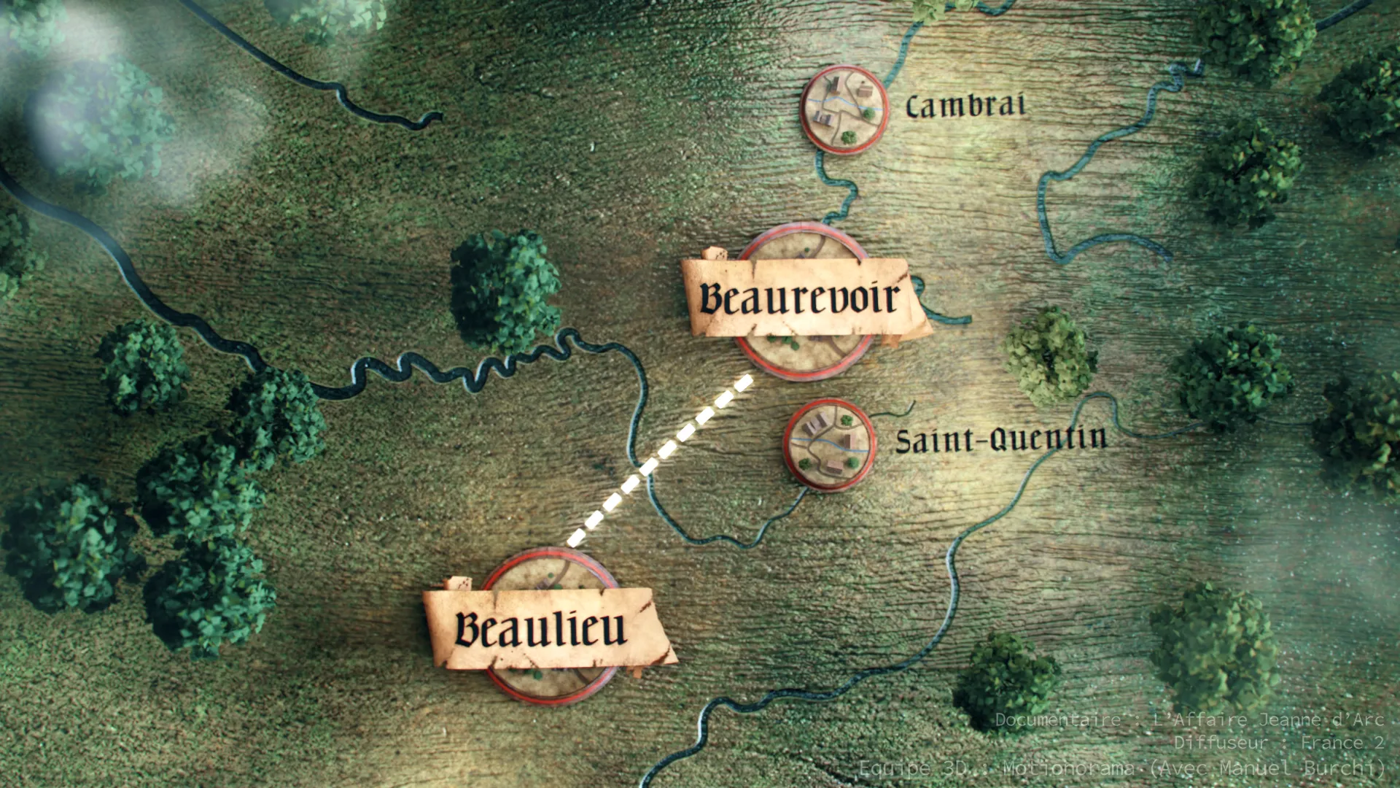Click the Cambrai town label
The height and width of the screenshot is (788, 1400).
pos(965,107)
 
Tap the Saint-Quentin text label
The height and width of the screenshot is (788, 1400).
pos(1000,440)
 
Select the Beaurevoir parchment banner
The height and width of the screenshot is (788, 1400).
pos(802,298)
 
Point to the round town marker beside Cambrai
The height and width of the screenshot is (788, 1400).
pos(844,109)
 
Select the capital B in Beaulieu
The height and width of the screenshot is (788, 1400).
pos(469,629)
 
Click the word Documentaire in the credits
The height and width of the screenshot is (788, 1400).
pos(1057,720)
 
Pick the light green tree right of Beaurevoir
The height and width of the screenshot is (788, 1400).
pos(1050,355)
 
